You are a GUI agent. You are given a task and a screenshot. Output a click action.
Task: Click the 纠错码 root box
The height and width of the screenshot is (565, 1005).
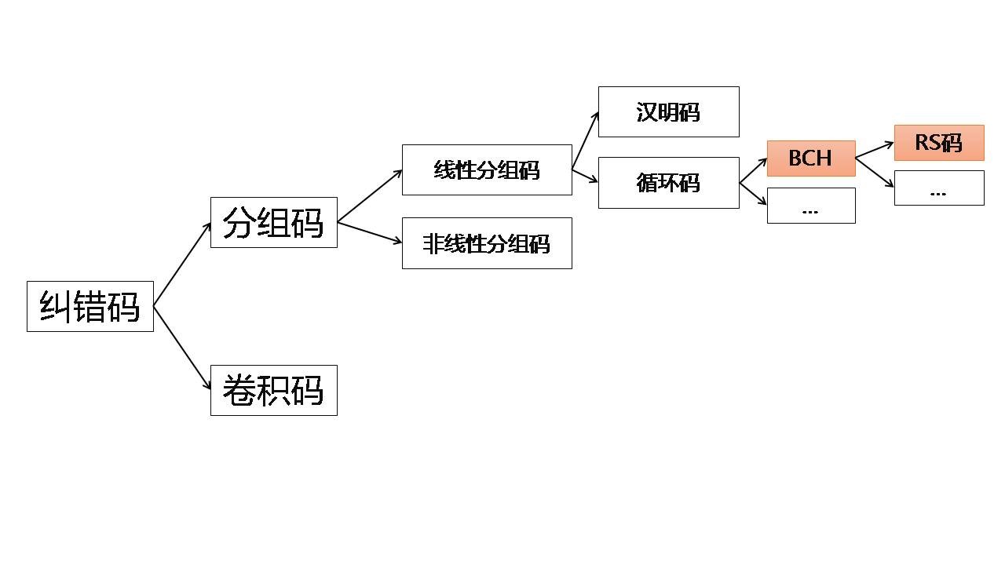[x=90, y=306]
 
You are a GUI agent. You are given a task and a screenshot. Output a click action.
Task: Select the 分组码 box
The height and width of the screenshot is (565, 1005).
[x=273, y=223]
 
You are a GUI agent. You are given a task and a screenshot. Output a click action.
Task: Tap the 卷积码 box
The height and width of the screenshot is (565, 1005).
[x=273, y=390]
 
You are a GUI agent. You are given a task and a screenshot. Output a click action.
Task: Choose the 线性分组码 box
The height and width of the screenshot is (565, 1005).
[x=487, y=169]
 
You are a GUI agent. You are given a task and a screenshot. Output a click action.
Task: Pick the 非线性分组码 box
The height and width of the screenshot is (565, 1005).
[x=487, y=243]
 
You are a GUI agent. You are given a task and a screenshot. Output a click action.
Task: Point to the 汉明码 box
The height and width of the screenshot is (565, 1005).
[x=668, y=111]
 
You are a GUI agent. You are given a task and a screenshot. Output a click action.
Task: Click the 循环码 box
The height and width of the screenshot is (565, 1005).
[x=668, y=183]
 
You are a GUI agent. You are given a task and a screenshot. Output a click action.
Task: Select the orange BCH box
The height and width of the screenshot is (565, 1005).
[x=810, y=158]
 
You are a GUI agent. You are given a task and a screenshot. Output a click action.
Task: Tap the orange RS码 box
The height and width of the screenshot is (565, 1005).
[x=938, y=143]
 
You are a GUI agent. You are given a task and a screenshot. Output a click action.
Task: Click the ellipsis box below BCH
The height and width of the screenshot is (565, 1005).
[x=810, y=206]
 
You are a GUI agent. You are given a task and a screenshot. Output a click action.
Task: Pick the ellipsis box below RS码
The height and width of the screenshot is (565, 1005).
[x=938, y=188]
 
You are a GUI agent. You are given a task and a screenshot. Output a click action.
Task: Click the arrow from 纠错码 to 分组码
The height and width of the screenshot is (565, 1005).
[x=182, y=264]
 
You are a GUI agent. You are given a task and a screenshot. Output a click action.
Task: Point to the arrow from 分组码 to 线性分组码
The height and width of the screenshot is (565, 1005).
[x=370, y=196]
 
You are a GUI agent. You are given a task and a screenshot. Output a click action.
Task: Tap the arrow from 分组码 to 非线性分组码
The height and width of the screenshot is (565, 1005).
[x=370, y=233]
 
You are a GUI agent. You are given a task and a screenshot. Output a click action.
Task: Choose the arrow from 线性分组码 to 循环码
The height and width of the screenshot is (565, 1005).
[x=585, y=176]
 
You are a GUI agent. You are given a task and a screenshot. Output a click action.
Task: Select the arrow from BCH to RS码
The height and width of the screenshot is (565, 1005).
[x=875, y=151]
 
